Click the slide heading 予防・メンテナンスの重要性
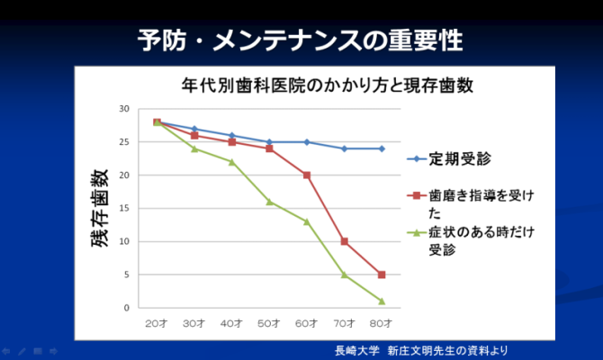301,40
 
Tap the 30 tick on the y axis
124,109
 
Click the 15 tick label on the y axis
124,209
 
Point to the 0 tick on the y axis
127,308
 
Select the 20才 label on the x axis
157,321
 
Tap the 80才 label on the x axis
382,321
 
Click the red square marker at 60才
307,175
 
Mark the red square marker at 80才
382,274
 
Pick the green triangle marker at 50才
269,202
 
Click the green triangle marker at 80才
382,301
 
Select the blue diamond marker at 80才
382,148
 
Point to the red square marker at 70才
345,241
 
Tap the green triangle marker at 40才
231,162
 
